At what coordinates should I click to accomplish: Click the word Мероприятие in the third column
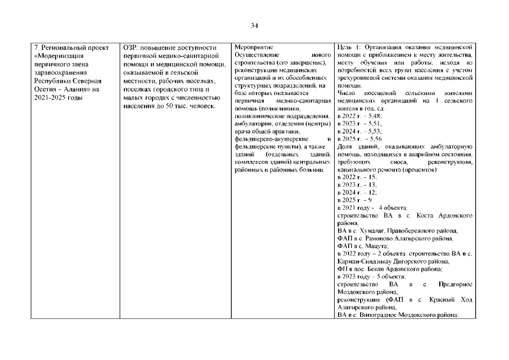click(251, 47)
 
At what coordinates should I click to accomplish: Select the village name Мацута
click(375, 246)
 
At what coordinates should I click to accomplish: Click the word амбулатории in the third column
click(251, 123)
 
